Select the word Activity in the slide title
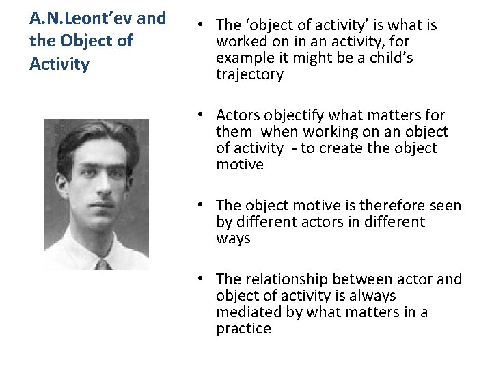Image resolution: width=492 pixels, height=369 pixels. (x=59, y=65)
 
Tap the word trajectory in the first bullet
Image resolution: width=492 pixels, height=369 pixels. (x=249, y=74)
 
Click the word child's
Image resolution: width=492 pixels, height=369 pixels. (x=387, y=58)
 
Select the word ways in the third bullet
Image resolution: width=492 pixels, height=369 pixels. (x=233, y=238)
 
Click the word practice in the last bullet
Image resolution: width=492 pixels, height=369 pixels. (x=243, y=329)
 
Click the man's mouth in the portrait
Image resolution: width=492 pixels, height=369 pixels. (x=101, y=214)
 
